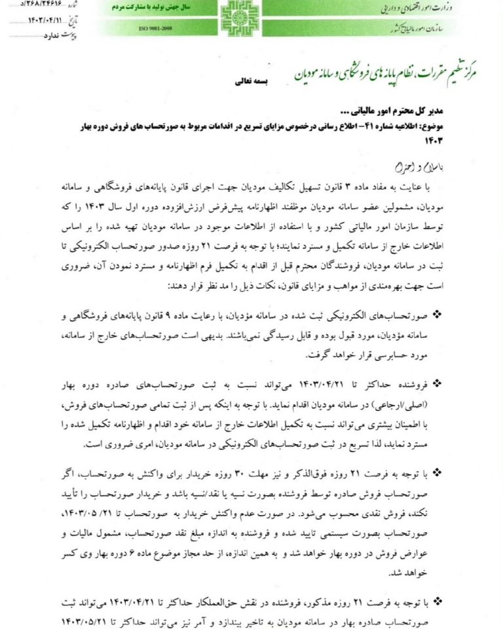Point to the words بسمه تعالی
(x=251, y=84)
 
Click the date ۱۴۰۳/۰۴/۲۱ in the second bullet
(x=312, y=384)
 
